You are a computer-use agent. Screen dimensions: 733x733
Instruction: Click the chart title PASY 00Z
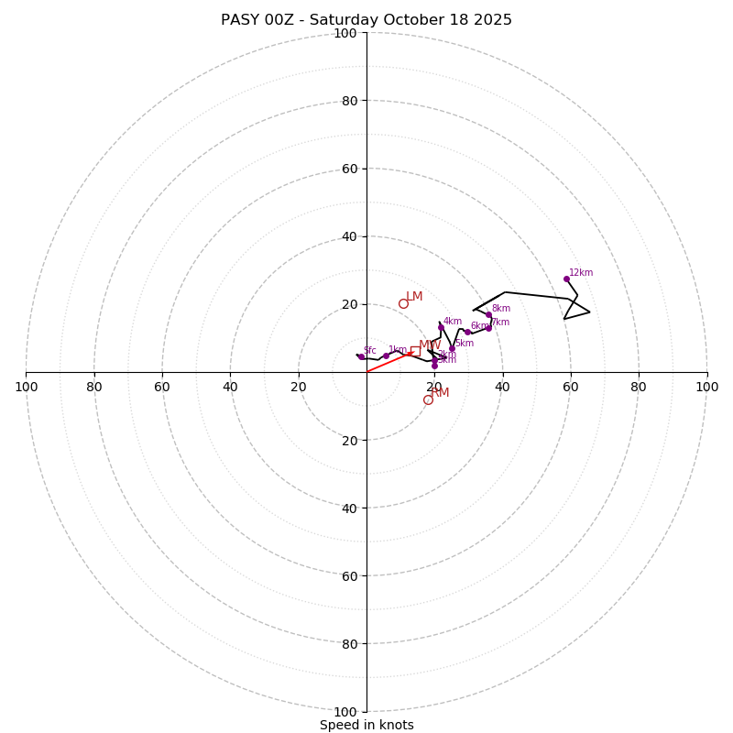(366, 20)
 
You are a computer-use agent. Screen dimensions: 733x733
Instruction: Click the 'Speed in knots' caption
(366, 725)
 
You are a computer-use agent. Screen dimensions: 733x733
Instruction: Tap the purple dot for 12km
(566, 279)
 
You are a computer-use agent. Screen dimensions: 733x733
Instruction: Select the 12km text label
(581, 272)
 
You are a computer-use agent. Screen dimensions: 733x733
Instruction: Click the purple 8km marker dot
(488, 314)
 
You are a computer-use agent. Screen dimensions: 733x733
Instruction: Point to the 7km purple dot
(488, 327)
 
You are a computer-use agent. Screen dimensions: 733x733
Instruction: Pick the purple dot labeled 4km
(441, 327)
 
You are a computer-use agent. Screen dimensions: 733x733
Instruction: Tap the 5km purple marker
(452, 348)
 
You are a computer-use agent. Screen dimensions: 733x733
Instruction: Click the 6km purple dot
(467, 332)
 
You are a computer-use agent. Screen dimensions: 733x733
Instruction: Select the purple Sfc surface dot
(361, 356)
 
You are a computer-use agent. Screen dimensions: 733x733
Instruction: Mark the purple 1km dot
(386, 356)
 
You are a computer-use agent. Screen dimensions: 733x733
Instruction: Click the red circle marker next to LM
(403, 303)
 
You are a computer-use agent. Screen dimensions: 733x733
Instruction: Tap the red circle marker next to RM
(428, 399)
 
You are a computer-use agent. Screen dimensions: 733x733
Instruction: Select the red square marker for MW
(415, 351)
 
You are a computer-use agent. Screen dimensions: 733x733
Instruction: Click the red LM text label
(414, 296)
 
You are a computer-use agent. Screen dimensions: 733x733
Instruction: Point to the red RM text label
(441, 392)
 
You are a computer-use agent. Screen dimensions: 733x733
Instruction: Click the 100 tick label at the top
(345, 33)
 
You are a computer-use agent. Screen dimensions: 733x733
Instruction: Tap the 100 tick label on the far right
(707, 387)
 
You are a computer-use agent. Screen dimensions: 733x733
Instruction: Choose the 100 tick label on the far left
(26, 387)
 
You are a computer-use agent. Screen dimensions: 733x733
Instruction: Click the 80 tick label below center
(345, 643)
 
